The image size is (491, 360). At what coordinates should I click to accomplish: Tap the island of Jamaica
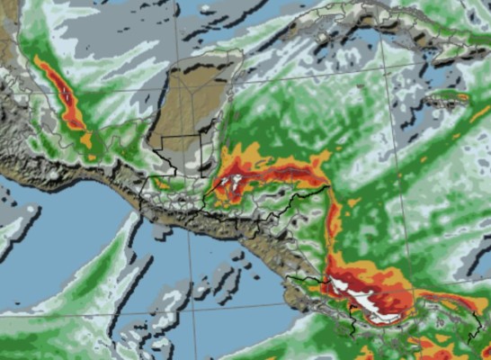click(446, 96)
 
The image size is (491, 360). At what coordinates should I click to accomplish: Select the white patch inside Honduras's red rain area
click(232, 183)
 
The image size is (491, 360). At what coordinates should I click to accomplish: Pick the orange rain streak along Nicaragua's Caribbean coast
click(333, 225)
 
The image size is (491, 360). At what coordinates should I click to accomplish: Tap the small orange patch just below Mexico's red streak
click(86, 139)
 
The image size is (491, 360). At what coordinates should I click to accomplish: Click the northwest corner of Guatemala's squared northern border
click(150, 138)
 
